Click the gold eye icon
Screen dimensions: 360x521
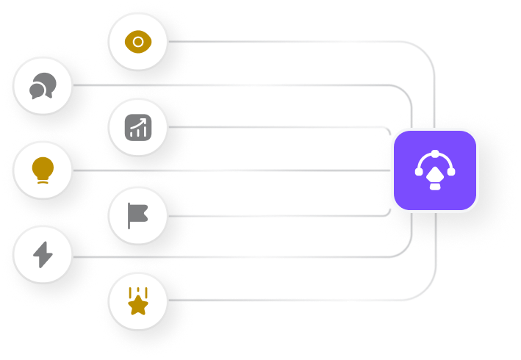pos(138,42)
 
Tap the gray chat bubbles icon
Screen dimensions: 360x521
pos(42,87)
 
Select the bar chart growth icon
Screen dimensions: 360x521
pos(138,128)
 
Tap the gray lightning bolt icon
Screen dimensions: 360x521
pos(43,255)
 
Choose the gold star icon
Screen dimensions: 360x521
pos(138,303)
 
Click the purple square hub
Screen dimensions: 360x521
pos(435,170)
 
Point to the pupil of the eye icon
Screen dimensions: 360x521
pos(138,42)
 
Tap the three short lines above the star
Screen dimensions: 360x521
pos(138,292)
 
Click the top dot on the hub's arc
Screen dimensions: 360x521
pos(435,154)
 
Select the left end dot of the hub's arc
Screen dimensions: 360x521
pos(420,172)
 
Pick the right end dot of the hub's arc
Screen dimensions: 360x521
pos(450,172)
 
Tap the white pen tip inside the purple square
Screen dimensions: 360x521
pos(435,176)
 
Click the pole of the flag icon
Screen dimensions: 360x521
pos(129,217)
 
